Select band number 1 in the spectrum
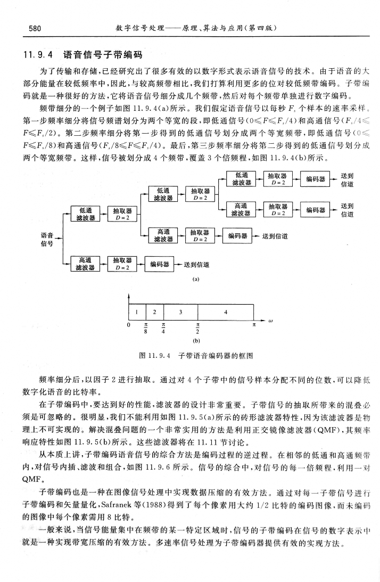pos(137,312)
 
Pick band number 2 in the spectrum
pos(155,312)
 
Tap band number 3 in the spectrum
pos(181,312)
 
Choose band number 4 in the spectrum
pos(226,312)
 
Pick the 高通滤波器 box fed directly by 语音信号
pos(85,264)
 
